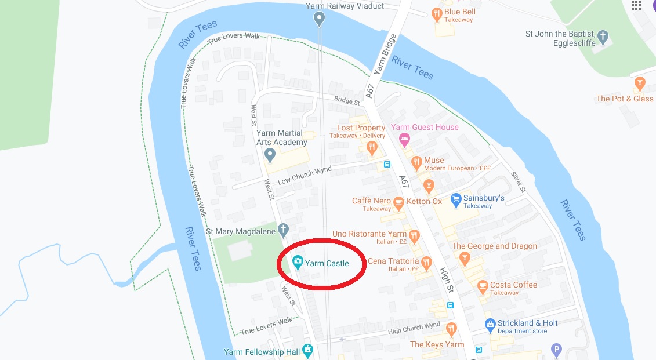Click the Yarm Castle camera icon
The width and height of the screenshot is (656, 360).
point(298,263)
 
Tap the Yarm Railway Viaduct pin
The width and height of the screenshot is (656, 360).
point(318,20)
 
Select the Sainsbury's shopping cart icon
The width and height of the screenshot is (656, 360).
point(456,199)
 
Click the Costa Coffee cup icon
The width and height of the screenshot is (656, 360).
point(483,286)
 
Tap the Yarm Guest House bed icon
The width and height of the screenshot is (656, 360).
point(405,139)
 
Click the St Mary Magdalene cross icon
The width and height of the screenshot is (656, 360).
point(283,230)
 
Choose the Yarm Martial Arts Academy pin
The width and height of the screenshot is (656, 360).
point(269,155)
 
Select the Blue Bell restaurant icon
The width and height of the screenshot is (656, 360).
point(437,13)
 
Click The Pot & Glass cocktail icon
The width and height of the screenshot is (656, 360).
point(640,83)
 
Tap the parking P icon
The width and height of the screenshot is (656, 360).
point(556,350)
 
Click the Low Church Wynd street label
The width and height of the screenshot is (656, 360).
point(305,174)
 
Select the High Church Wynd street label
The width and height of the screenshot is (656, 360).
point(414,329)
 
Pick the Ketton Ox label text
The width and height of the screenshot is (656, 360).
point(425,201)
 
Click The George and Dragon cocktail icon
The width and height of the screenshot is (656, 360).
point(463,257)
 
